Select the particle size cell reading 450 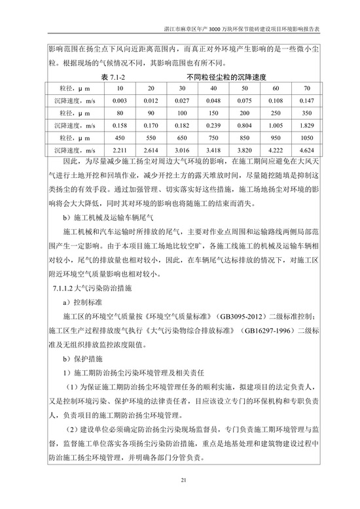[119, 138]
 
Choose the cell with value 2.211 [119, 150]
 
